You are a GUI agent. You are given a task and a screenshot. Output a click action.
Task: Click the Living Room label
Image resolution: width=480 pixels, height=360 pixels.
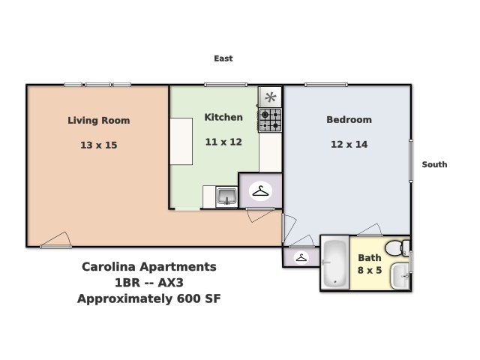[x=98, y=120]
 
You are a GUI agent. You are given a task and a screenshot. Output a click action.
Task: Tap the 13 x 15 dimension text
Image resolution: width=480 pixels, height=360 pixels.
[x=98, y=145]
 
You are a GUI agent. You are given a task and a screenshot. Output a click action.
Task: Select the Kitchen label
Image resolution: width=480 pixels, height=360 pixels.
[x=223, y=117]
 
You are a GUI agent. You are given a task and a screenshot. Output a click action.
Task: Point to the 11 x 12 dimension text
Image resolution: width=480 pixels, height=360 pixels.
[x=223, y=142]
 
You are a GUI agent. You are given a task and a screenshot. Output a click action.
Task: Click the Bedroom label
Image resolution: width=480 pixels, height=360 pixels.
[x=349, y=120]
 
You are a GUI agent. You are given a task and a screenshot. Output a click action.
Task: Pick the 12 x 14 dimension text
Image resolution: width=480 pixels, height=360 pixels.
[x=349, y=145]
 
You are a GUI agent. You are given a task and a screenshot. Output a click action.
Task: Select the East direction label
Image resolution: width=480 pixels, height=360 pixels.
[x=223, y=58]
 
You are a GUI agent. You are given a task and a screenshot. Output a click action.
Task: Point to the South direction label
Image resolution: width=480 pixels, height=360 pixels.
[x=434, y=164]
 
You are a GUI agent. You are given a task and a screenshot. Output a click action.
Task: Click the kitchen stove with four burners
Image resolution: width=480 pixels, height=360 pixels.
[x=270, y=120]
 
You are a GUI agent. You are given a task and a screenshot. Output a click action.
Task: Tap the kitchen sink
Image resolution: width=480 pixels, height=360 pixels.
[x=226, y=197]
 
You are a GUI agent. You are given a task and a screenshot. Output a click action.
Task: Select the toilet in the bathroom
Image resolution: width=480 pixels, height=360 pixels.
[x=395, y=247]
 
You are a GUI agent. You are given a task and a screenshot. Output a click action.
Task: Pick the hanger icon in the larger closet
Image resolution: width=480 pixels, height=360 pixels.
[x=260, y=190]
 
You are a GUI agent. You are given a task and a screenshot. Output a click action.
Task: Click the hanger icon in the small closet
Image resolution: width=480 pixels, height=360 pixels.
[x=301, y=257]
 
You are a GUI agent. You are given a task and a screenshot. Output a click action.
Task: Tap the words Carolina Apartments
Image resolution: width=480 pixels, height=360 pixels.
[x=148, y=267]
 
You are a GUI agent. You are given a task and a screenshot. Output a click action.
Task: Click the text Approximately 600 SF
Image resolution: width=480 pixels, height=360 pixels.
[x=148, y=298]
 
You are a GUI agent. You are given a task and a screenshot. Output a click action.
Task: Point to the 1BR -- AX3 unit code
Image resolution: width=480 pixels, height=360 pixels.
[x=148, y=283]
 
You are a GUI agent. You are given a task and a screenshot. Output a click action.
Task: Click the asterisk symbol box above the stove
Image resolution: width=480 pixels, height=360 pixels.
[x=270, y=97]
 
